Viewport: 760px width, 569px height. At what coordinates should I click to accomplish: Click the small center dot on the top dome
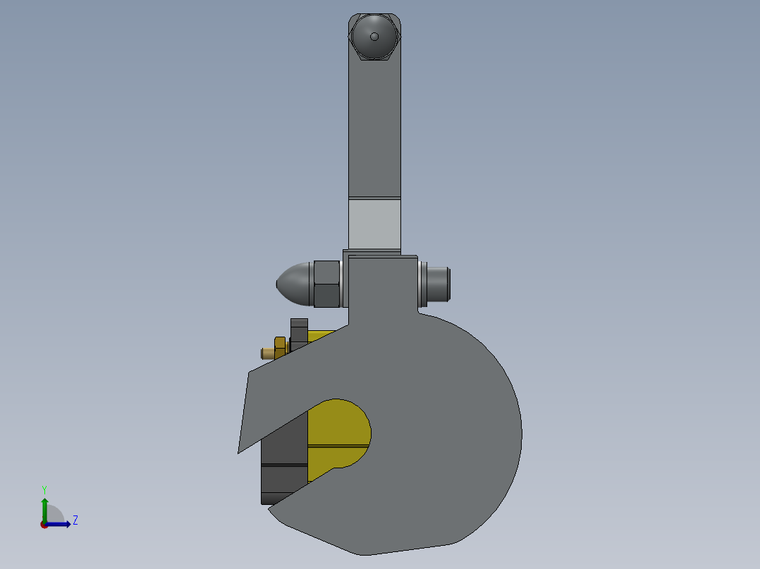coord(374,37)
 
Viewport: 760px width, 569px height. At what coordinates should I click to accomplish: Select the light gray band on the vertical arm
coord(374,223)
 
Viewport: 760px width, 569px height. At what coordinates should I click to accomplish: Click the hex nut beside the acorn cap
coord(326,284)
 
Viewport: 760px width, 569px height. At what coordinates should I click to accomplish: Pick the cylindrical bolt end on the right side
coord(439,283)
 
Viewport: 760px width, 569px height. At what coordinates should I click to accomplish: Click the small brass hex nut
coord(280,347)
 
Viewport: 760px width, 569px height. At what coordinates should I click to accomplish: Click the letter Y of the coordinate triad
coord(44,489)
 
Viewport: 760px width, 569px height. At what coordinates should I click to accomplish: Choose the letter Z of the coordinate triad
coord(75,520)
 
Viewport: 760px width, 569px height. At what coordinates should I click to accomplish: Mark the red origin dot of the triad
coord(44,525)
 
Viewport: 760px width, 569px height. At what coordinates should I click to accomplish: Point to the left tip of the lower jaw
coord(270,510)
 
